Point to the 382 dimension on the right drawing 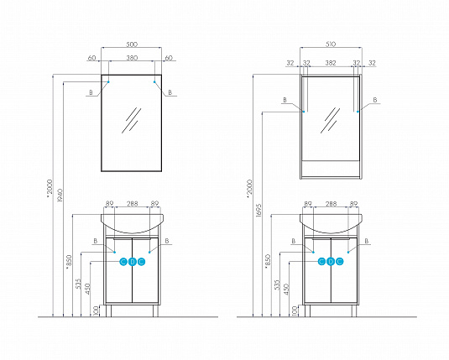332,62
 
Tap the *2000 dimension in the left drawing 49,194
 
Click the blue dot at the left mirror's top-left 108,82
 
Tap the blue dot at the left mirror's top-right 155,82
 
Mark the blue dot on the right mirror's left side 305,111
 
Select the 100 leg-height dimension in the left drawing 97,311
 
